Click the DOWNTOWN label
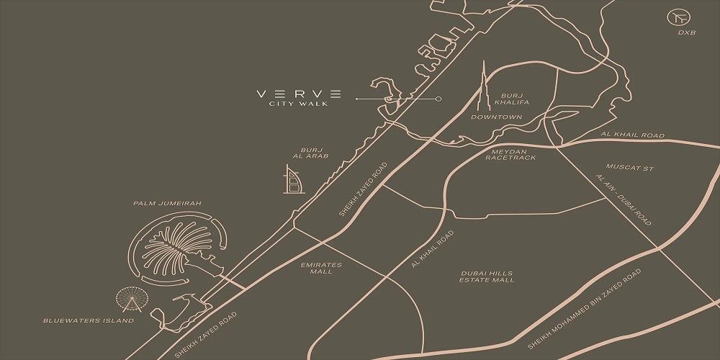click(x=496, y=117)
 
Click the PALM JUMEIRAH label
click(x=167, y=204)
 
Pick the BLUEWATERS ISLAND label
click(x=89, y=320)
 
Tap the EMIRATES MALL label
click(x=321, y=269)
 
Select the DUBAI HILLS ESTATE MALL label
click(x=487, y=276)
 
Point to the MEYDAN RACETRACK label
click(x=510, y=155)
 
